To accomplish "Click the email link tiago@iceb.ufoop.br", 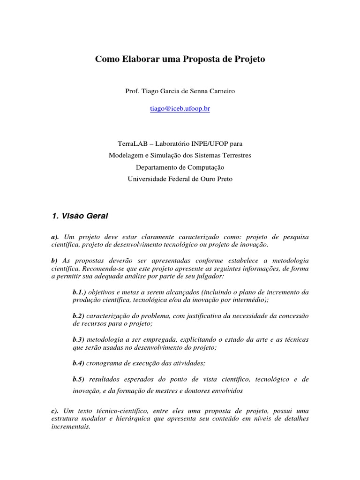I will click(x=180, y=108).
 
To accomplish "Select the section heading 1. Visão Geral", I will click(x=80, y=216).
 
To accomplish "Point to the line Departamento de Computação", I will click(x=180, y=167).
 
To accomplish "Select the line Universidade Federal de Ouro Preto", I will click(x=180, y=179).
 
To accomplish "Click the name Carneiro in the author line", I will click(x=220, y=91).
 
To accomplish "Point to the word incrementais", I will click(x=70, y=427).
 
